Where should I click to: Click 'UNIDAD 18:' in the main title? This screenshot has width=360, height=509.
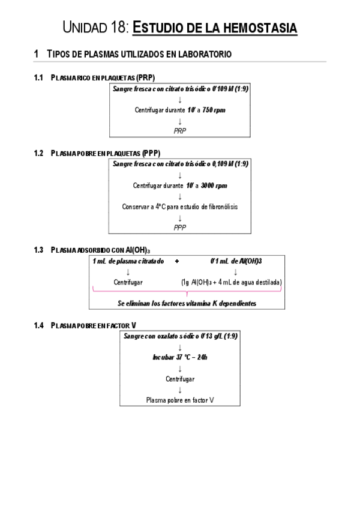[x=95, y=28]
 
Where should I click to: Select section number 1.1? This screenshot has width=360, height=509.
[x=40, y=78]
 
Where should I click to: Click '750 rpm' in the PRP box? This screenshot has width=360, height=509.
[x=214, y=110]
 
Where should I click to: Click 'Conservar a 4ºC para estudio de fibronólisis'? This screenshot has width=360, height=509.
[x=180, y=206]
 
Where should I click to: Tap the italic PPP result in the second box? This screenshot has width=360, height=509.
[x=180, y=227]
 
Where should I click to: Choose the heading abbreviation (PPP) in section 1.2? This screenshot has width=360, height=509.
[x=147, y=153]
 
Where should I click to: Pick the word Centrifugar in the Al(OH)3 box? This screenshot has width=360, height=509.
[x=128, y=282]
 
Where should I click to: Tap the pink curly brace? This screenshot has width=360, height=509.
[x=187, y=292]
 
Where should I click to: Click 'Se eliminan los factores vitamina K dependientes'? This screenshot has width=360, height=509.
[x=187, y=304]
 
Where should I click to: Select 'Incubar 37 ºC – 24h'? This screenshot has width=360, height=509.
[x=180, y=357]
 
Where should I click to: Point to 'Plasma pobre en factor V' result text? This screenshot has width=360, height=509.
[x=180, y=400]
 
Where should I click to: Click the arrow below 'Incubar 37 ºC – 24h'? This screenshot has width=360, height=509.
[x=180, y=368]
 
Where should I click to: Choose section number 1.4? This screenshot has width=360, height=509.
[x=40, y=325]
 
